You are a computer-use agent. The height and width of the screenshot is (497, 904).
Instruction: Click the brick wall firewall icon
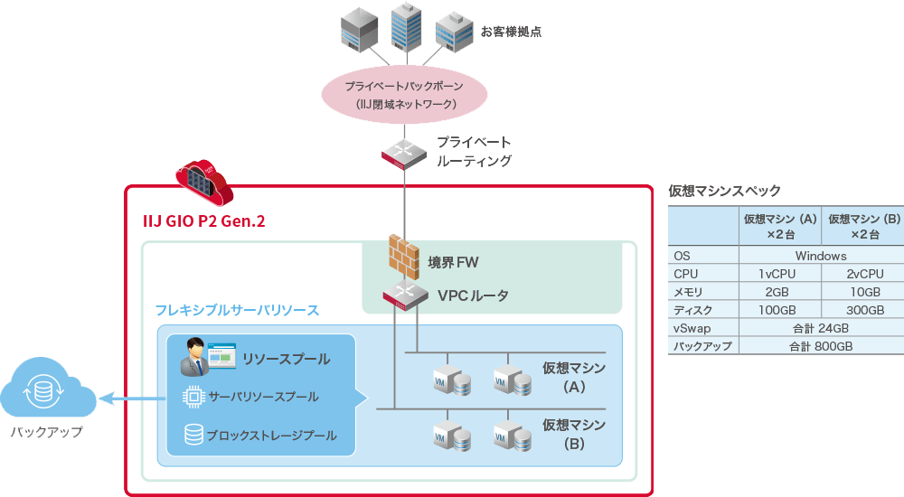pyautogui.click(x=400, y=257)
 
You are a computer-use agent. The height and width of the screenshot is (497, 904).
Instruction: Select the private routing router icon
pyautogui.click(x=402, y=154)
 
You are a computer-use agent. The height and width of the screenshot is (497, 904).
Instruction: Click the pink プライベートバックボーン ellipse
pyautogui.click(x=405, y=95)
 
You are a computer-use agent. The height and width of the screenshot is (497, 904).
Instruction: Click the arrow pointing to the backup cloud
pyautogui.click(x=127, y=397)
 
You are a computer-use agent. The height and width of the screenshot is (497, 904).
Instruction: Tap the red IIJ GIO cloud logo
pyautogui.click(x=202, y=182)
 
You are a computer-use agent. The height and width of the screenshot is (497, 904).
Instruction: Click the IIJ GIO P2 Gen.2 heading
pyautogui.click(x=204, y=220)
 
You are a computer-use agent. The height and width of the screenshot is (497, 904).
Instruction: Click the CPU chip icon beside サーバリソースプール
pyautogui.click(x=193, y=397)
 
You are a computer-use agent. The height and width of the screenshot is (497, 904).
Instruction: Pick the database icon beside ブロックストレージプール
pyautogui.click(x=193, y=435)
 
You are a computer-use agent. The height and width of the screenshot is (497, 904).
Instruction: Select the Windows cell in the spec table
pyautogui.click(x=821, y=257)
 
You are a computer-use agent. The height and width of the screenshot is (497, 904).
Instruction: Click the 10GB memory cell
pyautogui.click(x=863, y=292)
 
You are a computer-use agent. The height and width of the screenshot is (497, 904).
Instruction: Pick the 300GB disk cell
pyautogui.click(x=863, y=310)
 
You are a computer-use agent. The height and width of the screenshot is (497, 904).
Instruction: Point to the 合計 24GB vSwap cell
pyautogui.click(x=821, y=328)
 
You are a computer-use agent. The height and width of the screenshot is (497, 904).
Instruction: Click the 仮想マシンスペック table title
pyautogui.click(x=724, y=192)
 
